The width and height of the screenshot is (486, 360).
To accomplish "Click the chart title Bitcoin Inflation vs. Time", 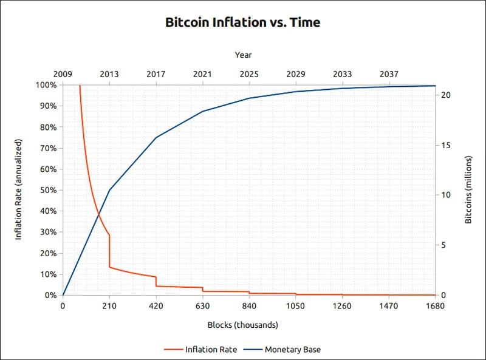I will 243,23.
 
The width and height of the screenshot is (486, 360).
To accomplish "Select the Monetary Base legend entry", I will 292,349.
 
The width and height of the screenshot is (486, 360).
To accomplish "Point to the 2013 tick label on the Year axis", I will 109,74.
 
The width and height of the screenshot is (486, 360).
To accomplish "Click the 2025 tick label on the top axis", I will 249,74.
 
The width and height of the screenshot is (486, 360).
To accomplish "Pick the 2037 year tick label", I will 389,74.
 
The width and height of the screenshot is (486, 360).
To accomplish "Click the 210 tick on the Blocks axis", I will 109,306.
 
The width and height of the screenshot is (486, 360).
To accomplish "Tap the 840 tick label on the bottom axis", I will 249,306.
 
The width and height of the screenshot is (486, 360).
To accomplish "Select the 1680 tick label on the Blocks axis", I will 436,306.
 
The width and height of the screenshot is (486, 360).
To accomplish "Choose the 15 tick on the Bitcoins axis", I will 445,145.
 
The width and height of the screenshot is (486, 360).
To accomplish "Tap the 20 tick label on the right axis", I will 445,95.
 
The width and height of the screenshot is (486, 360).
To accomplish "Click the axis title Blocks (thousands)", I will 243,325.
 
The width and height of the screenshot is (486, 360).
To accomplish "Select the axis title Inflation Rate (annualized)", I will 18,190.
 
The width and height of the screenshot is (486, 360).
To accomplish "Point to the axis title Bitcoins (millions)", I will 468,190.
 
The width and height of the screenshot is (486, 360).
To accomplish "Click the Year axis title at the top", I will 243,55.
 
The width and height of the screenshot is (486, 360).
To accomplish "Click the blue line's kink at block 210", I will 109,190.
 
